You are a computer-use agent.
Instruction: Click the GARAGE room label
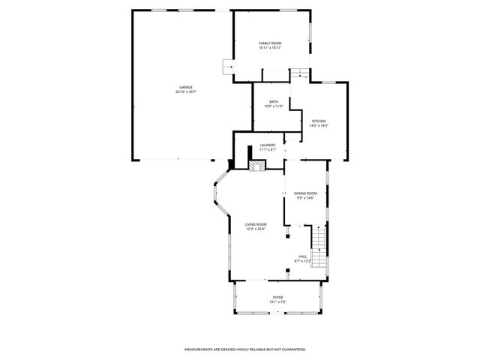pos(185,87)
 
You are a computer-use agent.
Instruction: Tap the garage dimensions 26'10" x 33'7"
pos(185,92)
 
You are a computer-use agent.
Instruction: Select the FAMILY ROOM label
pos(271,43)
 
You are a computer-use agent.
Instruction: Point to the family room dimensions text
pos(271,49)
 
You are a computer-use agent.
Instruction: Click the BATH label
pos(274,101)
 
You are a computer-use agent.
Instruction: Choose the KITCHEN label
pos(319,121)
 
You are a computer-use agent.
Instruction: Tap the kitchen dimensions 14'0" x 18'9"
pos(319,126)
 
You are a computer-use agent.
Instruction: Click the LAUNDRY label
pos(268,145)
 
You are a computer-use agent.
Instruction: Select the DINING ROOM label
pos(305,193)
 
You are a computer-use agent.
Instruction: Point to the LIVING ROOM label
pos(256,224)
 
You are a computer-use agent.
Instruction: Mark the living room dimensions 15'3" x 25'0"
pos(256,229)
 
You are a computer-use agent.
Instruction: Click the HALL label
pos(303,256)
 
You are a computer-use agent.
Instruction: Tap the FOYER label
pos(277,297)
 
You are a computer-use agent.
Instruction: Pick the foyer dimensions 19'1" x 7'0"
pos(277,302)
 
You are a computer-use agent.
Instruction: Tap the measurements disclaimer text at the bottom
pos(245,349)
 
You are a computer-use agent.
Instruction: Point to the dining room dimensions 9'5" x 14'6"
pos(305,198)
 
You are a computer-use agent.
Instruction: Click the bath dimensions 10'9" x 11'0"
pos(274,106)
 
